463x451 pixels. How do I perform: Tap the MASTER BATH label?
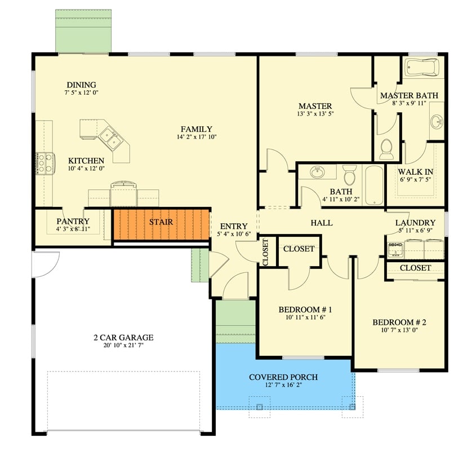point(408,95)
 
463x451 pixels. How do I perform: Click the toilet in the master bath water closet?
point(386,149)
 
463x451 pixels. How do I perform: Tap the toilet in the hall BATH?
point(350,175)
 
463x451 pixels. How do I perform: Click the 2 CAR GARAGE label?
point(123,338)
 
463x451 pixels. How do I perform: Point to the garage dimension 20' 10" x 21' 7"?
point(123,346)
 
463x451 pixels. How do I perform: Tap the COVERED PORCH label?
point(283,377)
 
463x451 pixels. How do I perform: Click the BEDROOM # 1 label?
point(305,309)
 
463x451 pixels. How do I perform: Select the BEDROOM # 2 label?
point(399,322)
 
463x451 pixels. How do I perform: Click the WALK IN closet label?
point(415,171)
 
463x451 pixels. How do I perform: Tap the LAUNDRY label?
point(415,223)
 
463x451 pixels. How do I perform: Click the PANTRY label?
point(73,221)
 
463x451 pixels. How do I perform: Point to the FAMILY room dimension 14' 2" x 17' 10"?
point(196,136)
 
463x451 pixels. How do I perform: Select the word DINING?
point(81,85)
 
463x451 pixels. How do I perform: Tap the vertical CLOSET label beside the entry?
point(266,252)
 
